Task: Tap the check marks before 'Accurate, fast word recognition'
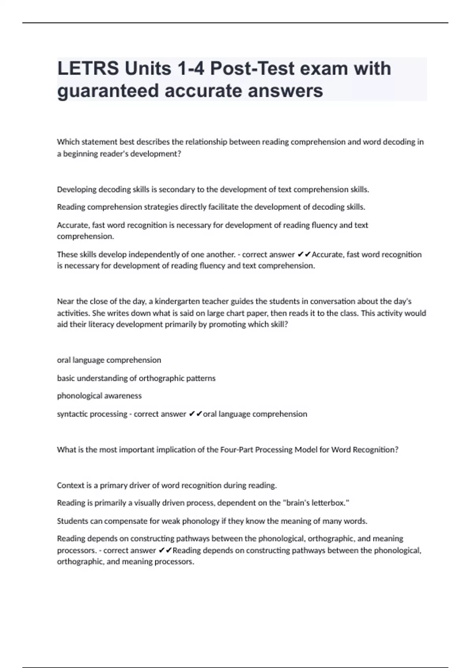click(x=304, y=255)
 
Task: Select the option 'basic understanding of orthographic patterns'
click(x=136, y=378)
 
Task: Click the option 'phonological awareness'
click(x=99, y=396)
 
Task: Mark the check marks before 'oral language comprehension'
click(x=195, y=414)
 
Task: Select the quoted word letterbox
click(x=329, y=503)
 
